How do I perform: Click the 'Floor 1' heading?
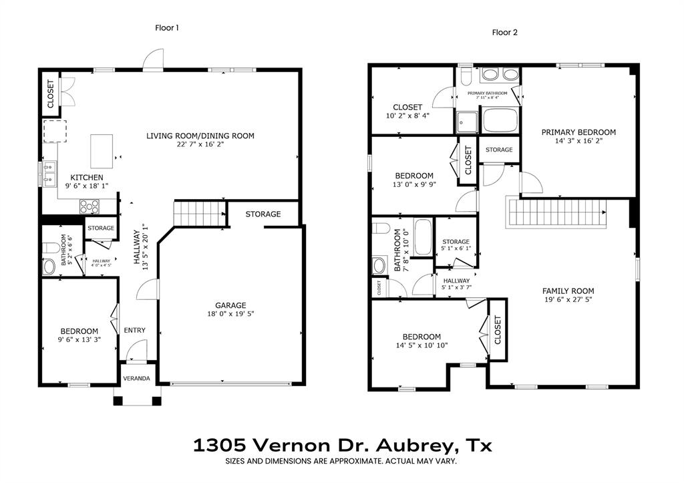pos(167,28)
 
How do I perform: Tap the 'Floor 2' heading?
pos(504,32)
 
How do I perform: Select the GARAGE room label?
pos(230,305)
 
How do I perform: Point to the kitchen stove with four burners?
pos(90,206)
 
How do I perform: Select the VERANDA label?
pos(137,379)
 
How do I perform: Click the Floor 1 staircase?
pos(199,214)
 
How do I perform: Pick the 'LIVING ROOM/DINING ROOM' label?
pos(200,136)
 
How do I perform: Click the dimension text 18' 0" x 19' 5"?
pos(230,313)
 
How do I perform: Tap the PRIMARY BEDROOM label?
pos(578,132)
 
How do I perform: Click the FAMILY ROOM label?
pos(568,291)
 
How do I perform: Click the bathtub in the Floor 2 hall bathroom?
pos(422,236)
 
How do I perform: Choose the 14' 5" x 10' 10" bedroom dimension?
pos(421,345)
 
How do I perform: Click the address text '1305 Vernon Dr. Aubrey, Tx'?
pos(342,445)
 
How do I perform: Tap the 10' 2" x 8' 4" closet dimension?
pos(407,116)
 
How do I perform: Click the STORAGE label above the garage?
pos(263,214)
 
